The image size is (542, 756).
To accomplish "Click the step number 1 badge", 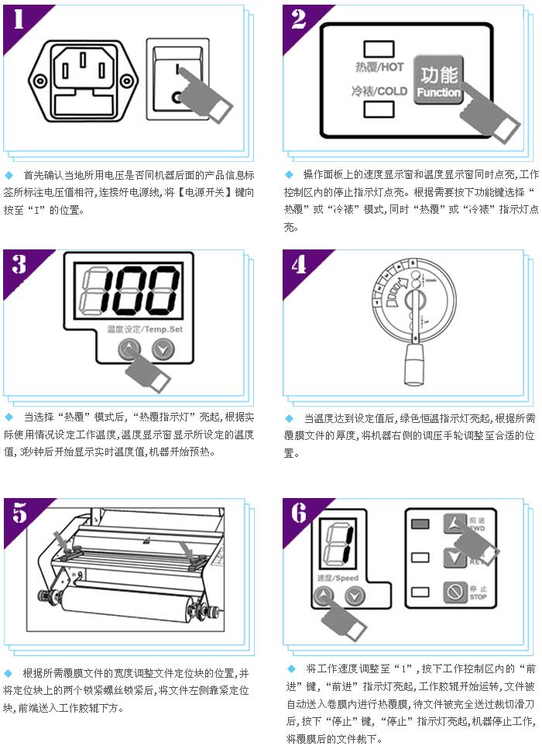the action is [x=19, y=19].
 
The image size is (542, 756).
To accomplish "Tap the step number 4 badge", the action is [x=299, y=265].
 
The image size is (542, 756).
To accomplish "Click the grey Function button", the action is [x=438, y=80].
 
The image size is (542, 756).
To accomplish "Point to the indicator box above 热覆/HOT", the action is [x=379, y=49].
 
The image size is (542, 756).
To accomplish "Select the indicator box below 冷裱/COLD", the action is [x=379, y=109].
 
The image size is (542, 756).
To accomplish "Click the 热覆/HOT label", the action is [x=379, y=67].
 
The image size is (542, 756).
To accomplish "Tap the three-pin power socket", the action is [x=83, y=81].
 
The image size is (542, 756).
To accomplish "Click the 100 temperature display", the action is [x=129, y=290].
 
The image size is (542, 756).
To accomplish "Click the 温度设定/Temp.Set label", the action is [x=145, y=329].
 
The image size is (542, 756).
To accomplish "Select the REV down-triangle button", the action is [x=454, y=558].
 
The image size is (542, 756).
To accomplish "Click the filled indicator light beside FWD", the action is [x=420, y=524].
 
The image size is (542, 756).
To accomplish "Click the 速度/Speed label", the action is [x=338, y=578].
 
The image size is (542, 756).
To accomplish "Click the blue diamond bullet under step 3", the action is [x=9, y=417].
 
